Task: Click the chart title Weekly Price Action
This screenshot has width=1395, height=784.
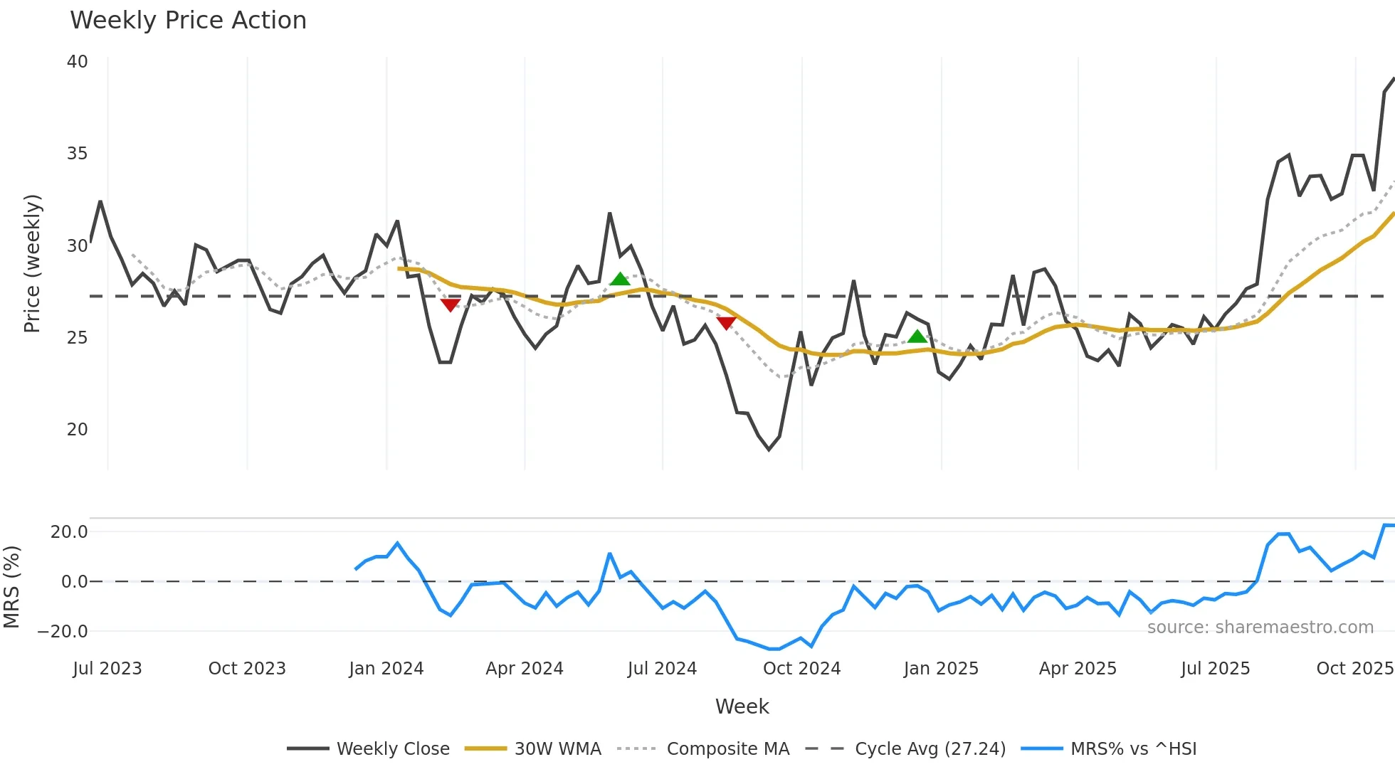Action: [188, 21]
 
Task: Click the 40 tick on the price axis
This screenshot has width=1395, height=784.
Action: [77, 62]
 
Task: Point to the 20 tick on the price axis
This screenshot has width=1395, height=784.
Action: [77, 430]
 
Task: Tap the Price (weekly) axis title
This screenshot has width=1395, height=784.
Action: [32, 263]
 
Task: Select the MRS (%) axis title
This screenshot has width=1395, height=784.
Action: [11, 587]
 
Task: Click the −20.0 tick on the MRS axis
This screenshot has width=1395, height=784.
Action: [63, 632]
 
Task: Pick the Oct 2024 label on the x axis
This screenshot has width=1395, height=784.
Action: [801, 669]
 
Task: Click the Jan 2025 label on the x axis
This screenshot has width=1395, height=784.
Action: [941, 669]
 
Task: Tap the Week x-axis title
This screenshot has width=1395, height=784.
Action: [742, 706]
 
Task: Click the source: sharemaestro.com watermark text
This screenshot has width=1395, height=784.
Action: [1260, 627]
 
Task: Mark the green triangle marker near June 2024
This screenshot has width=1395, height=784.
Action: [620, 280]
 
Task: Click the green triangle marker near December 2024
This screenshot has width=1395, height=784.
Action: [917, 337]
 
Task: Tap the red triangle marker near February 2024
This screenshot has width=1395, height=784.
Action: [450, 304]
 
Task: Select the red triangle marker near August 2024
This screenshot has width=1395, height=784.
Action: [726, 323]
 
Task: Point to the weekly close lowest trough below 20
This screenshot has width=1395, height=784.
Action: [769, 449]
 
